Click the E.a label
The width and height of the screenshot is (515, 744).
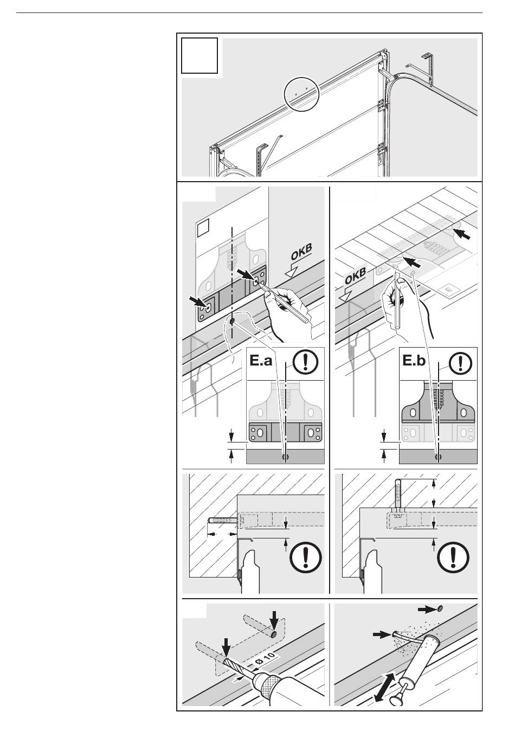261,361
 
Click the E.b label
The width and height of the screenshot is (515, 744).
414,361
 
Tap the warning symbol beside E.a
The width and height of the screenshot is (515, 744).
305,361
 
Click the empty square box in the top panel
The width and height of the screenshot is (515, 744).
199,55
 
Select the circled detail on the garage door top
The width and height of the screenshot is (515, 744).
301,94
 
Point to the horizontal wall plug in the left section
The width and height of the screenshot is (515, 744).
222,522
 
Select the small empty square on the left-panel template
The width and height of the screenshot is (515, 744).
202,228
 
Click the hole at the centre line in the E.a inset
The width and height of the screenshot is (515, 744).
285,457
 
